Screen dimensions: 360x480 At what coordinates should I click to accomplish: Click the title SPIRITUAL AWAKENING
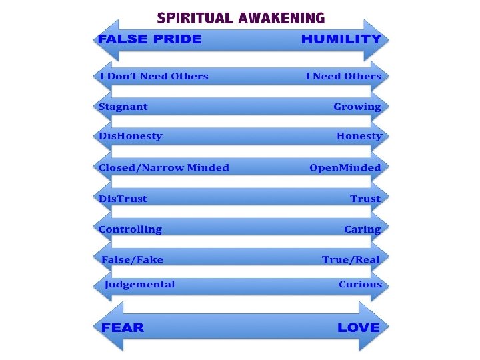click(x=241, y=17)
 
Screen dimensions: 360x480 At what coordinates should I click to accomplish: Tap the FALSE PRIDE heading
click(x=149, y=39)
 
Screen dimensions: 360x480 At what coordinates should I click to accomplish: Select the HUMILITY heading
click(x=341, y=39)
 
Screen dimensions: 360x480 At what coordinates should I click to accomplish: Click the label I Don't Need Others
click(x=153, y=76)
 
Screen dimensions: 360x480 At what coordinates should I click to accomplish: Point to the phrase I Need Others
click(x=343, y=76)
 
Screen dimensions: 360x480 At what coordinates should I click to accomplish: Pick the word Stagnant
click(x=123, y=107)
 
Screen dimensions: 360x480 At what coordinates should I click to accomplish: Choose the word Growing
click(x=357, y=107)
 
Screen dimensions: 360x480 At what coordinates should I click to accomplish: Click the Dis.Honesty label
click(x=131, y=136)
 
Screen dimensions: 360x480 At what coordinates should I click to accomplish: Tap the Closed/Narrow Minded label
click(x=163, y=167)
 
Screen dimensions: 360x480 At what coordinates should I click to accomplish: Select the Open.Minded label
click(x=345, y=167)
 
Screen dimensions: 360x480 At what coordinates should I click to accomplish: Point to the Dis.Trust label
click(x=123, y=199)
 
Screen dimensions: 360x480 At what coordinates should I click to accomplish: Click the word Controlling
click(x=131, y=229)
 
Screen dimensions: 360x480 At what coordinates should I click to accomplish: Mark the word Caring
click(x=363, y=229)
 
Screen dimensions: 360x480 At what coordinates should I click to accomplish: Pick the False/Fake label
click(x=133, y=259)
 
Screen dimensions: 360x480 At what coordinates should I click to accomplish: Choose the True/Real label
click(x=351, y=259)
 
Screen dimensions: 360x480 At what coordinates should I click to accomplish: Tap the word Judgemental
click(x=139, y=285)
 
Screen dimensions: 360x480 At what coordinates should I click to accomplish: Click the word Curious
click(x=360, y=285)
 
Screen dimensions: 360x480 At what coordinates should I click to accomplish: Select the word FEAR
click(x=123, y=327)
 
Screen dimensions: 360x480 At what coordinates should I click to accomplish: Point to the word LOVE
click(x=358, y=327)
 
